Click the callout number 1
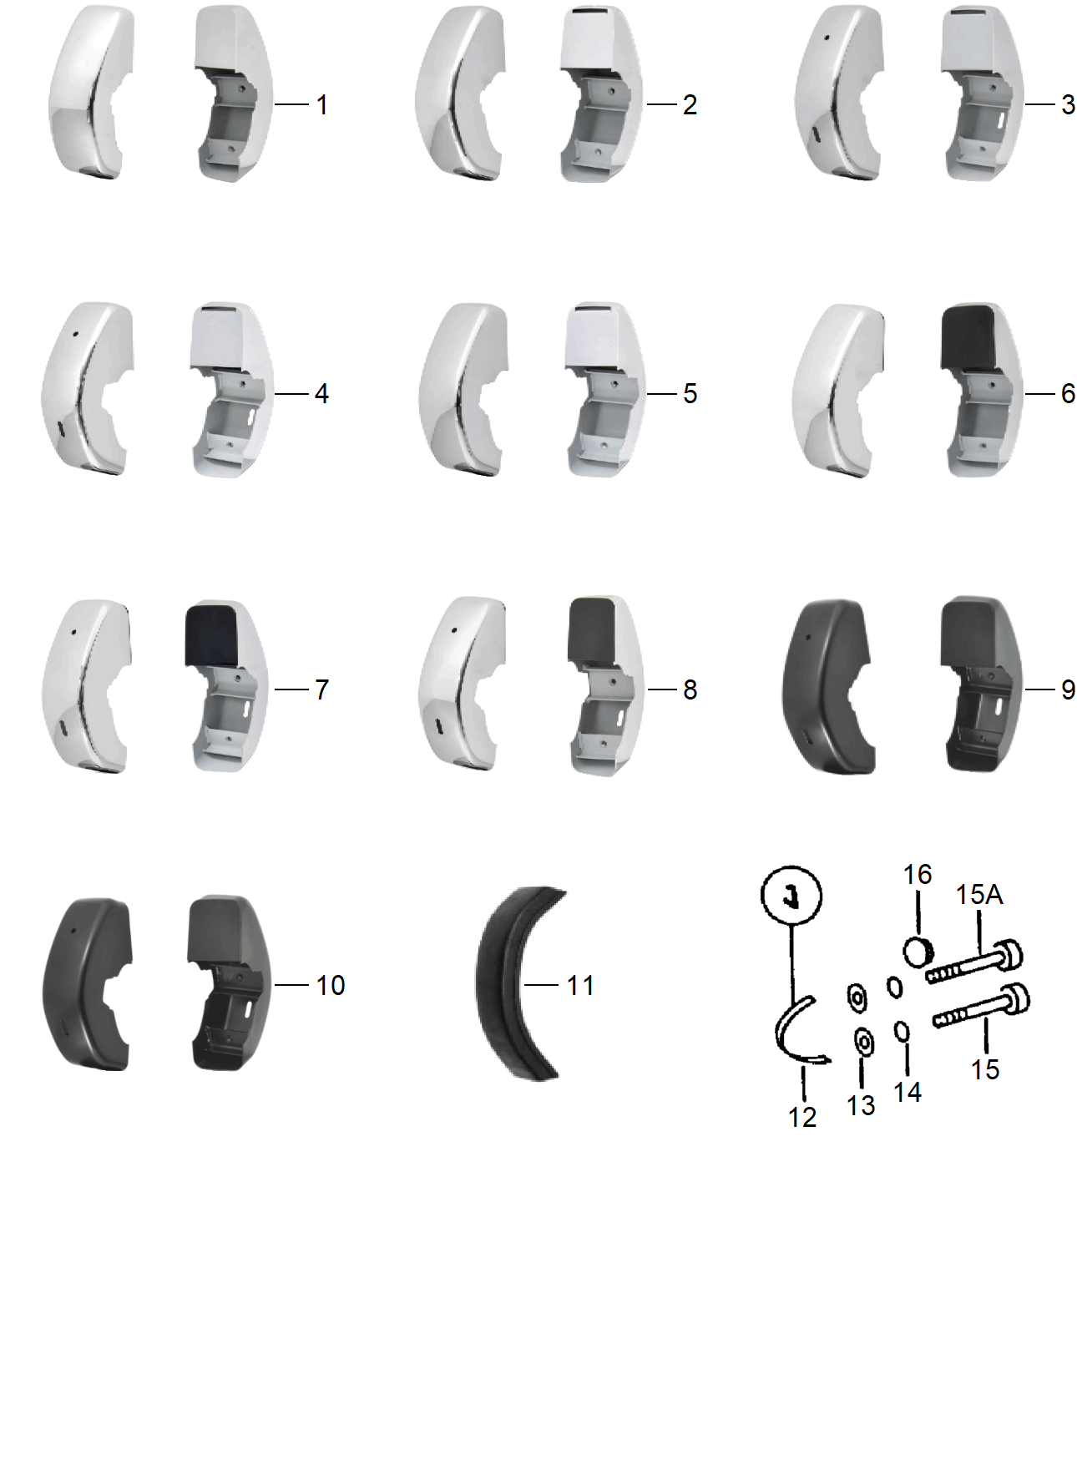[x=321, y=105]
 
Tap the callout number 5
[x=690, y=393]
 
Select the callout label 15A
[x=978, y=895]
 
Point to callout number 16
[x=917, y=874]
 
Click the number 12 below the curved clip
[x=802, y=1117]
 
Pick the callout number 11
[x=580, y=985]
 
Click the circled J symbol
[x=791, y=895]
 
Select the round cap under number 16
[x=918, y=952]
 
